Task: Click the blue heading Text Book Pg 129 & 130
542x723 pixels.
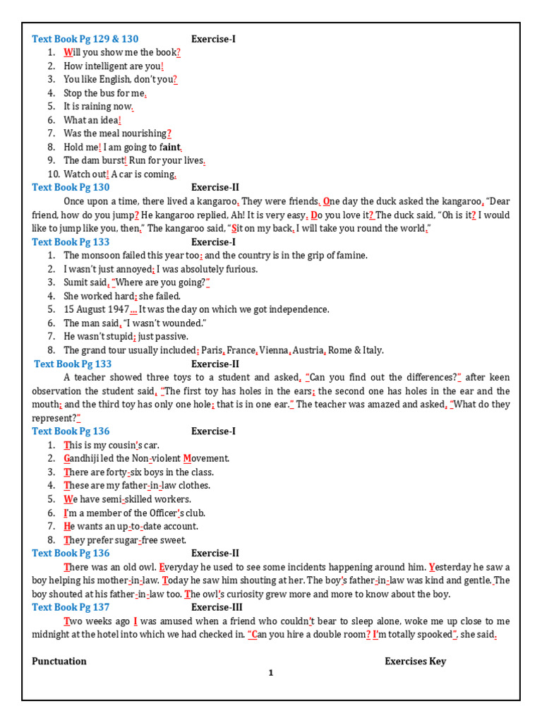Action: [85, 39]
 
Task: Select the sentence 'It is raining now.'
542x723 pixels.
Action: [98, 107]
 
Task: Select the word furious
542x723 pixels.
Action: [241, 269]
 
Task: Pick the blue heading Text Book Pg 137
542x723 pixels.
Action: [71, 607]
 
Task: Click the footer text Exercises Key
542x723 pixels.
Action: [415, 662]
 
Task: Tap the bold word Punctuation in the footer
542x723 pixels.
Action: [59, 662]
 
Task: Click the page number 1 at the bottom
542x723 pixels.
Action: [270, 674]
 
